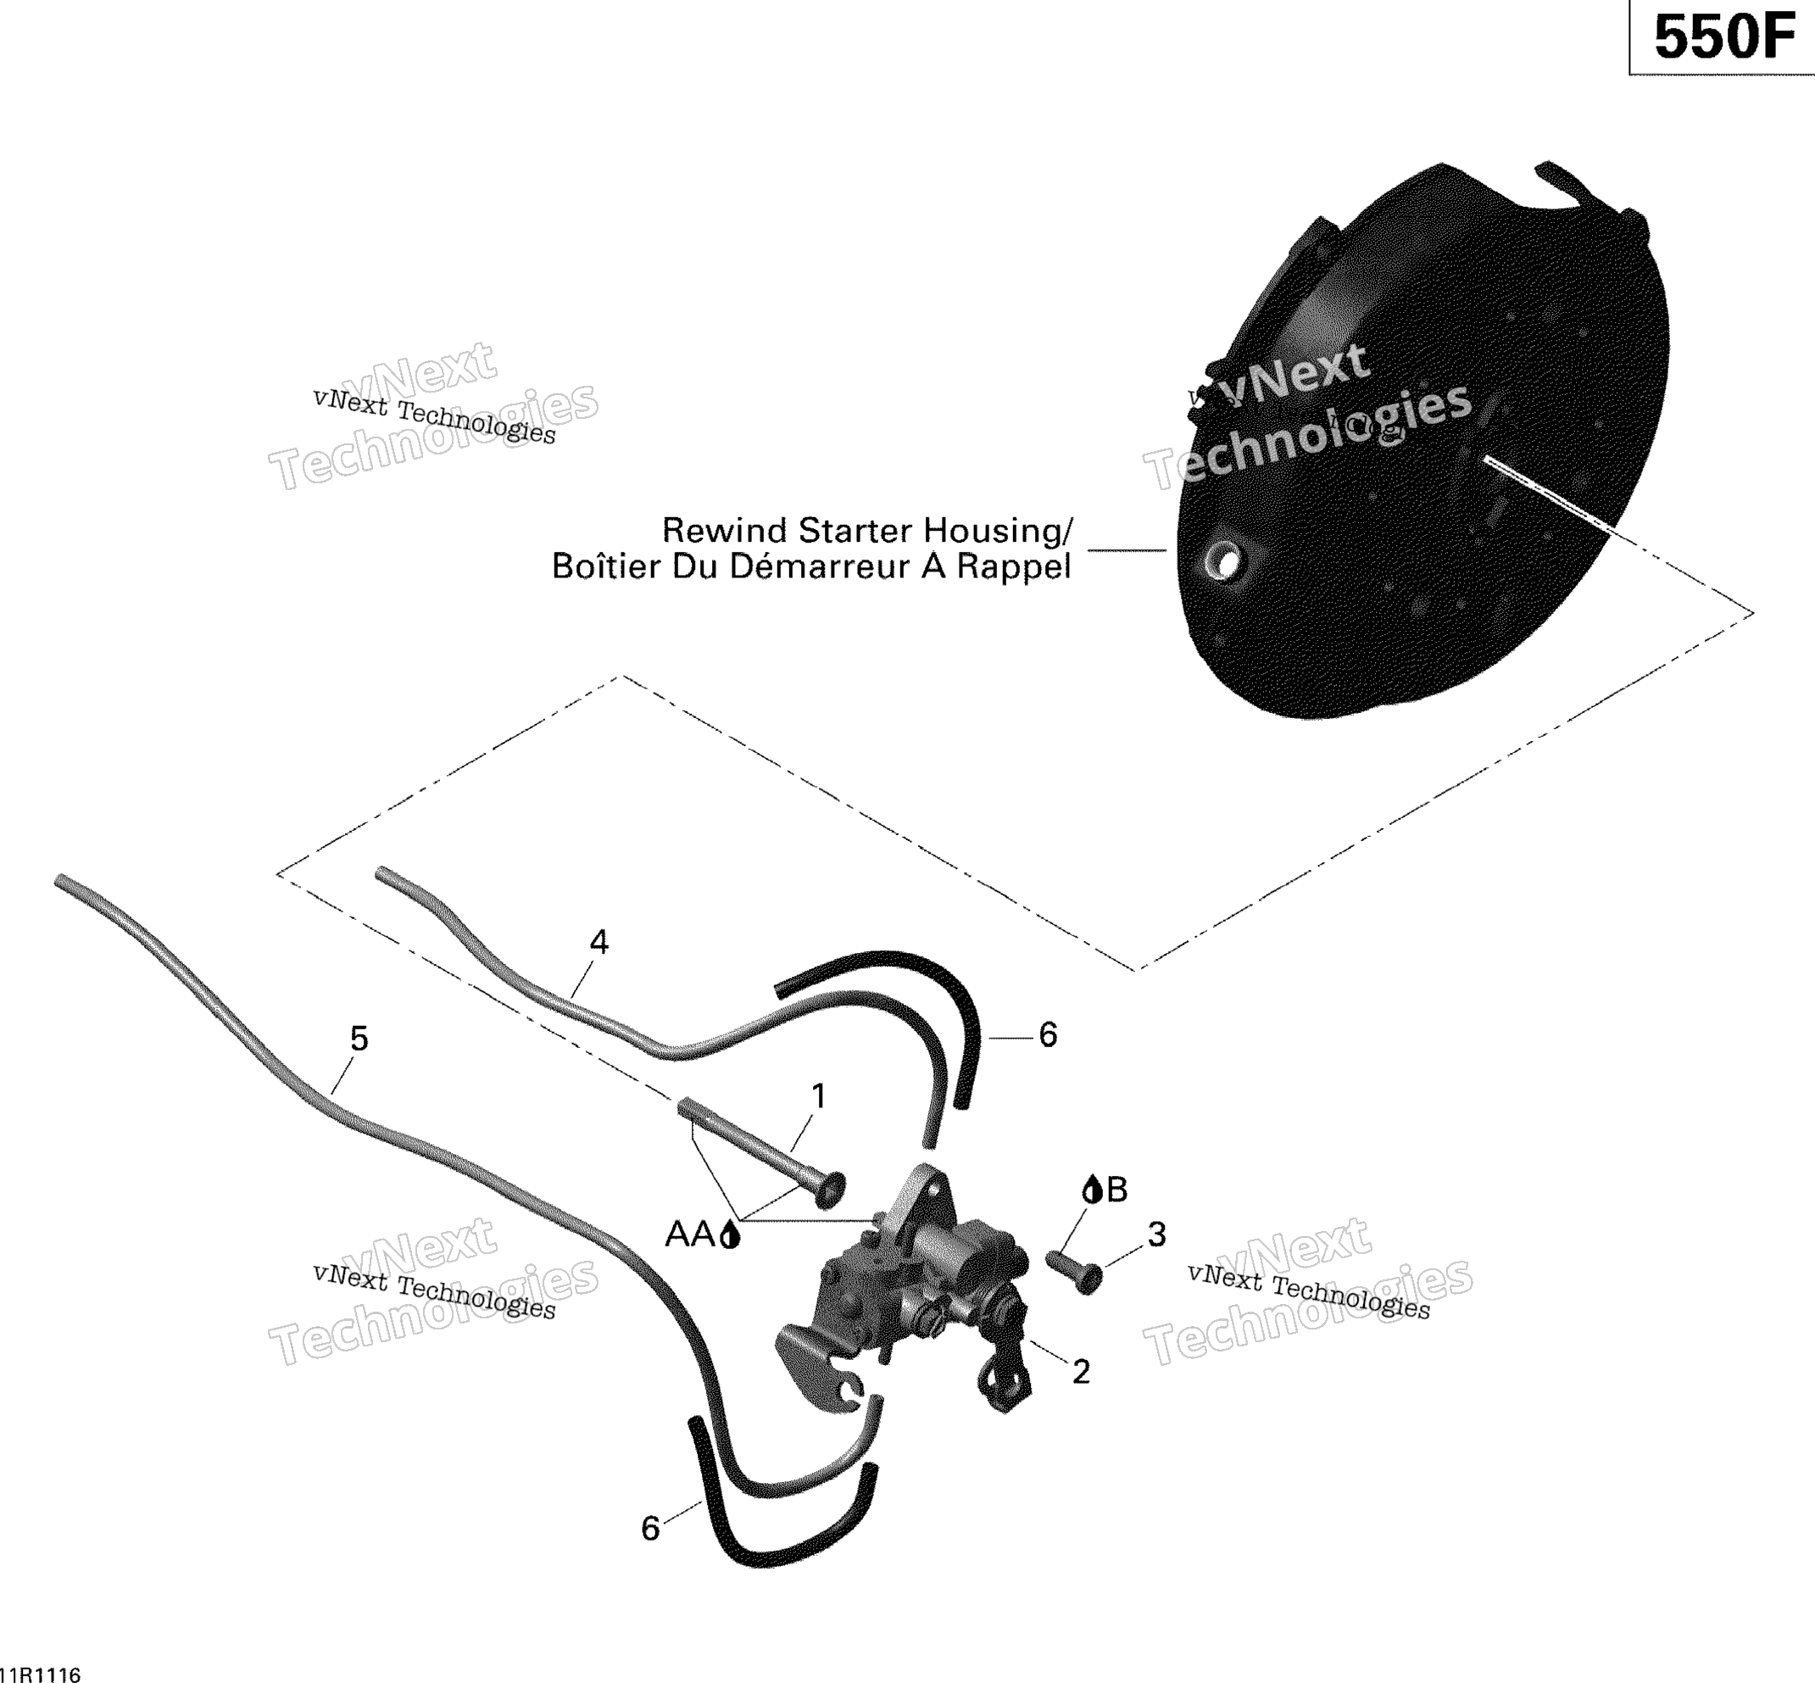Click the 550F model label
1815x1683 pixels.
pyautogui.click(x=1724, y=38)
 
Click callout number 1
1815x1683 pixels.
pyautogui.click(x=819, y=1097)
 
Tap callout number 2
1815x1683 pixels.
pyautogui.click(x=1081, y=1373)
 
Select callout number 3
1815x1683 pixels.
pyautogui.click(x=1156, y=1235)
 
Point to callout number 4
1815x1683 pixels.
pyautogui.click(x=599, y=942)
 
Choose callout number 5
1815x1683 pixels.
pyautogui.click(x=359, y=1039)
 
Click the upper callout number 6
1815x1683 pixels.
pyautogui.click(x=1048, y=1034)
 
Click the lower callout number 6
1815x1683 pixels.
pyautogui.click(x=650, y=1529)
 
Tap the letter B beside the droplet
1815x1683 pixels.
pyautogui.click(x=1116, y=1190)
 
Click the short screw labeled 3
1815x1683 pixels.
pyautogui.click(x=1075, y=1271)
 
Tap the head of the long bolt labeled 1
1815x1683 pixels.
pyautogui.click(x=832, y=1189)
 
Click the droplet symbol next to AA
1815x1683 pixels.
pyautogui.click(x=729, y=1235)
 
